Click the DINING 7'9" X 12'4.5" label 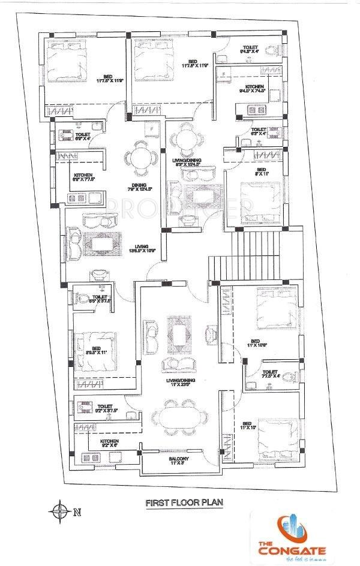(140, 188)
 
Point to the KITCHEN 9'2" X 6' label (109, 444)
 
